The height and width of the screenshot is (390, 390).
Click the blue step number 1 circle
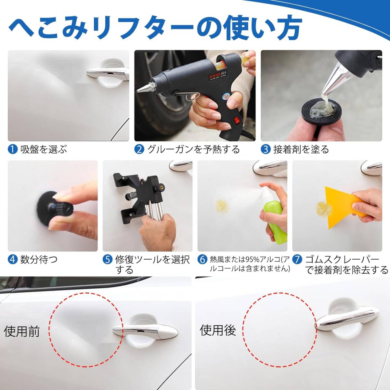pyautogui.click(x=13, y=149)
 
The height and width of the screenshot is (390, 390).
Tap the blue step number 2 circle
pyautogui.click(x=139, y=149)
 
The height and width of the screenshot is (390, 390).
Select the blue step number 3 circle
pyautogui.click(x=266, y=149)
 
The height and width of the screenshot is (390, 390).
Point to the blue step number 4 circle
pyautogui.click(x=13, y=259)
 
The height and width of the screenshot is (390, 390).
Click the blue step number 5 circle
pyautogui.click(x=108, y=259)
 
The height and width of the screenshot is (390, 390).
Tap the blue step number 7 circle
pyautogui.click(x=297, y=259)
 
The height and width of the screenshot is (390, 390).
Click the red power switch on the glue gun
pyautogui.click(x=236, y=122)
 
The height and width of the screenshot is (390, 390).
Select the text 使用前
pyautogui.click(x=21, y=331)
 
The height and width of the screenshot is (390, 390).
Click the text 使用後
pyautogui.click(x=218, y=330)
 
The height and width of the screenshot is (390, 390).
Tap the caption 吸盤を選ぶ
pyautogui.click(x=44, y=149)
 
